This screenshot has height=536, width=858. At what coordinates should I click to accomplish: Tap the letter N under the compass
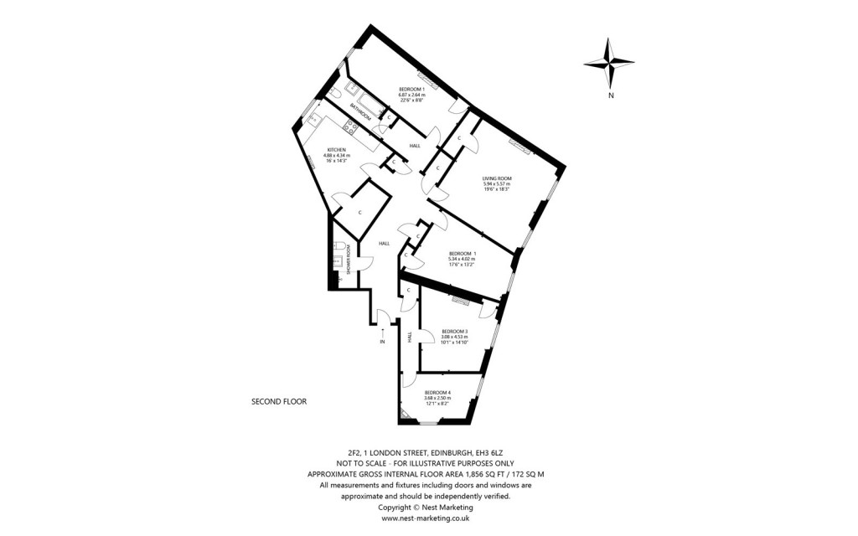pyautogui.click(x=612, y=95)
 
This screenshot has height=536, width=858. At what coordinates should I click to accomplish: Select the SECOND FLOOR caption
pyautogui.click(x=279, y=402)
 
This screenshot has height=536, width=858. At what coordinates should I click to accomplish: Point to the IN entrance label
pyautogui.click(x=382, y=342)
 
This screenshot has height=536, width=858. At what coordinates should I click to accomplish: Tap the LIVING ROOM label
pyautogui.click(x=497, y=178)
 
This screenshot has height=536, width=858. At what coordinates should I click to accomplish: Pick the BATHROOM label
pyautogui.click(x=362, y=111)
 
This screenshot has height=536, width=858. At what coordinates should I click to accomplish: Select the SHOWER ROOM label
pyautogui.click(x=347, y=260)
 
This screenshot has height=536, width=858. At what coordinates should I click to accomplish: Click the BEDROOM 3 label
pyautogui.click(x=454, y=331)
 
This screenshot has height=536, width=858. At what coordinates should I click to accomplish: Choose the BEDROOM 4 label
pyautogui.click(x=437, y=393)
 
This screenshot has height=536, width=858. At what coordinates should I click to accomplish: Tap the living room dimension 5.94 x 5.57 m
pyautogui.click(x=497, y=184)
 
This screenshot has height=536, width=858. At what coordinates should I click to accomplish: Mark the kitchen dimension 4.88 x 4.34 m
pyautogui.click(x=336, y=156)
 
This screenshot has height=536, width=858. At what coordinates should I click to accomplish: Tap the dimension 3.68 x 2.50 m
pyautogui.click(x=437, y=399)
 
